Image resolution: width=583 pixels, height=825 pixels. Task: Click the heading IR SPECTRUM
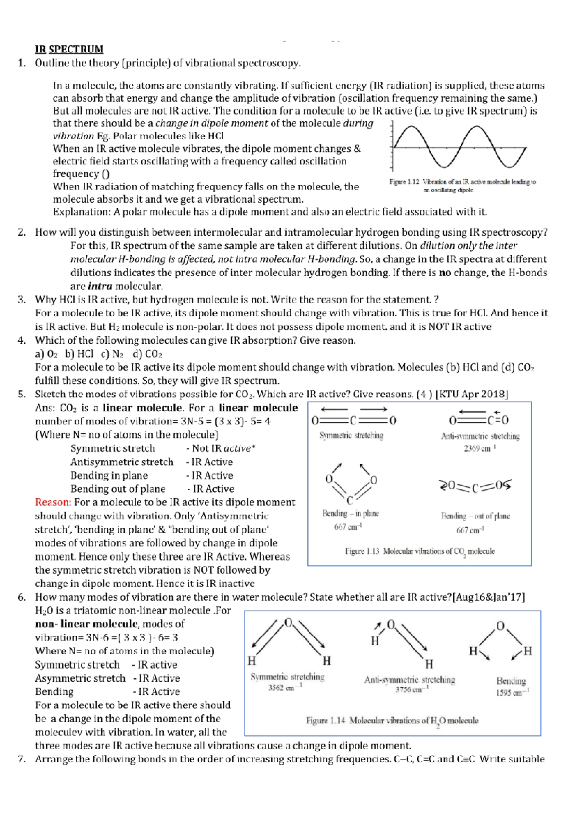[69, 49]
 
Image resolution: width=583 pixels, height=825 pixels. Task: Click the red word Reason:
[53, 502]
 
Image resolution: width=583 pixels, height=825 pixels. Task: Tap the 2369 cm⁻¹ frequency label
[480, 448]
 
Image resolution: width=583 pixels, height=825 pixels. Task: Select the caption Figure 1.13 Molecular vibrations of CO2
[420, 551]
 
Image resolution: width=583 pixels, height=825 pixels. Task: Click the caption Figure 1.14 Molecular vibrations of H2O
[392, 721]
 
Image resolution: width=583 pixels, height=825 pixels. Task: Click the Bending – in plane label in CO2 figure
[350, 514]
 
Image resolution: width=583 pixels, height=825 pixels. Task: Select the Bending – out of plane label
[475, 516]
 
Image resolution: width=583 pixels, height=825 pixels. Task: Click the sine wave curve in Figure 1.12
[459, 146]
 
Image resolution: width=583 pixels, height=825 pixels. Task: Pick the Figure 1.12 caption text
[462, 186]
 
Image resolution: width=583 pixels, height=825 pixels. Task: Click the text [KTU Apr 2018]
[472, 394]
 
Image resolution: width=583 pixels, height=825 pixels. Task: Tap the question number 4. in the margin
[22, 340]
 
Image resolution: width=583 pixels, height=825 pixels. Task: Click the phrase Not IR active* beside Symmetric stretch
[221, 448]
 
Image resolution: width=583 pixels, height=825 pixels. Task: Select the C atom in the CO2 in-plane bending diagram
[350, 500]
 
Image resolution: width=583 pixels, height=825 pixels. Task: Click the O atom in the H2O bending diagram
[501, 626]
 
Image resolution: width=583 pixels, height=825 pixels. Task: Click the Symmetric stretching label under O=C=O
[351, 436]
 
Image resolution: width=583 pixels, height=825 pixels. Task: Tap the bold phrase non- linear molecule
[86, 624]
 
